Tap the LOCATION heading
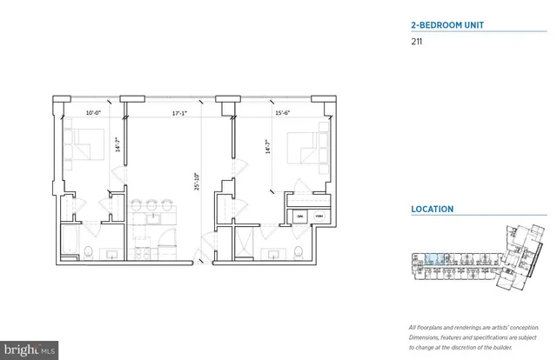click(x=432, y=210)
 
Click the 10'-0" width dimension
click(x=94, y=110)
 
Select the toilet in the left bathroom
click(x=91, y=252)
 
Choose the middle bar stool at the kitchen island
click(x=151, y=207)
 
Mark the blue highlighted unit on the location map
click(x=433, y=258)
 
